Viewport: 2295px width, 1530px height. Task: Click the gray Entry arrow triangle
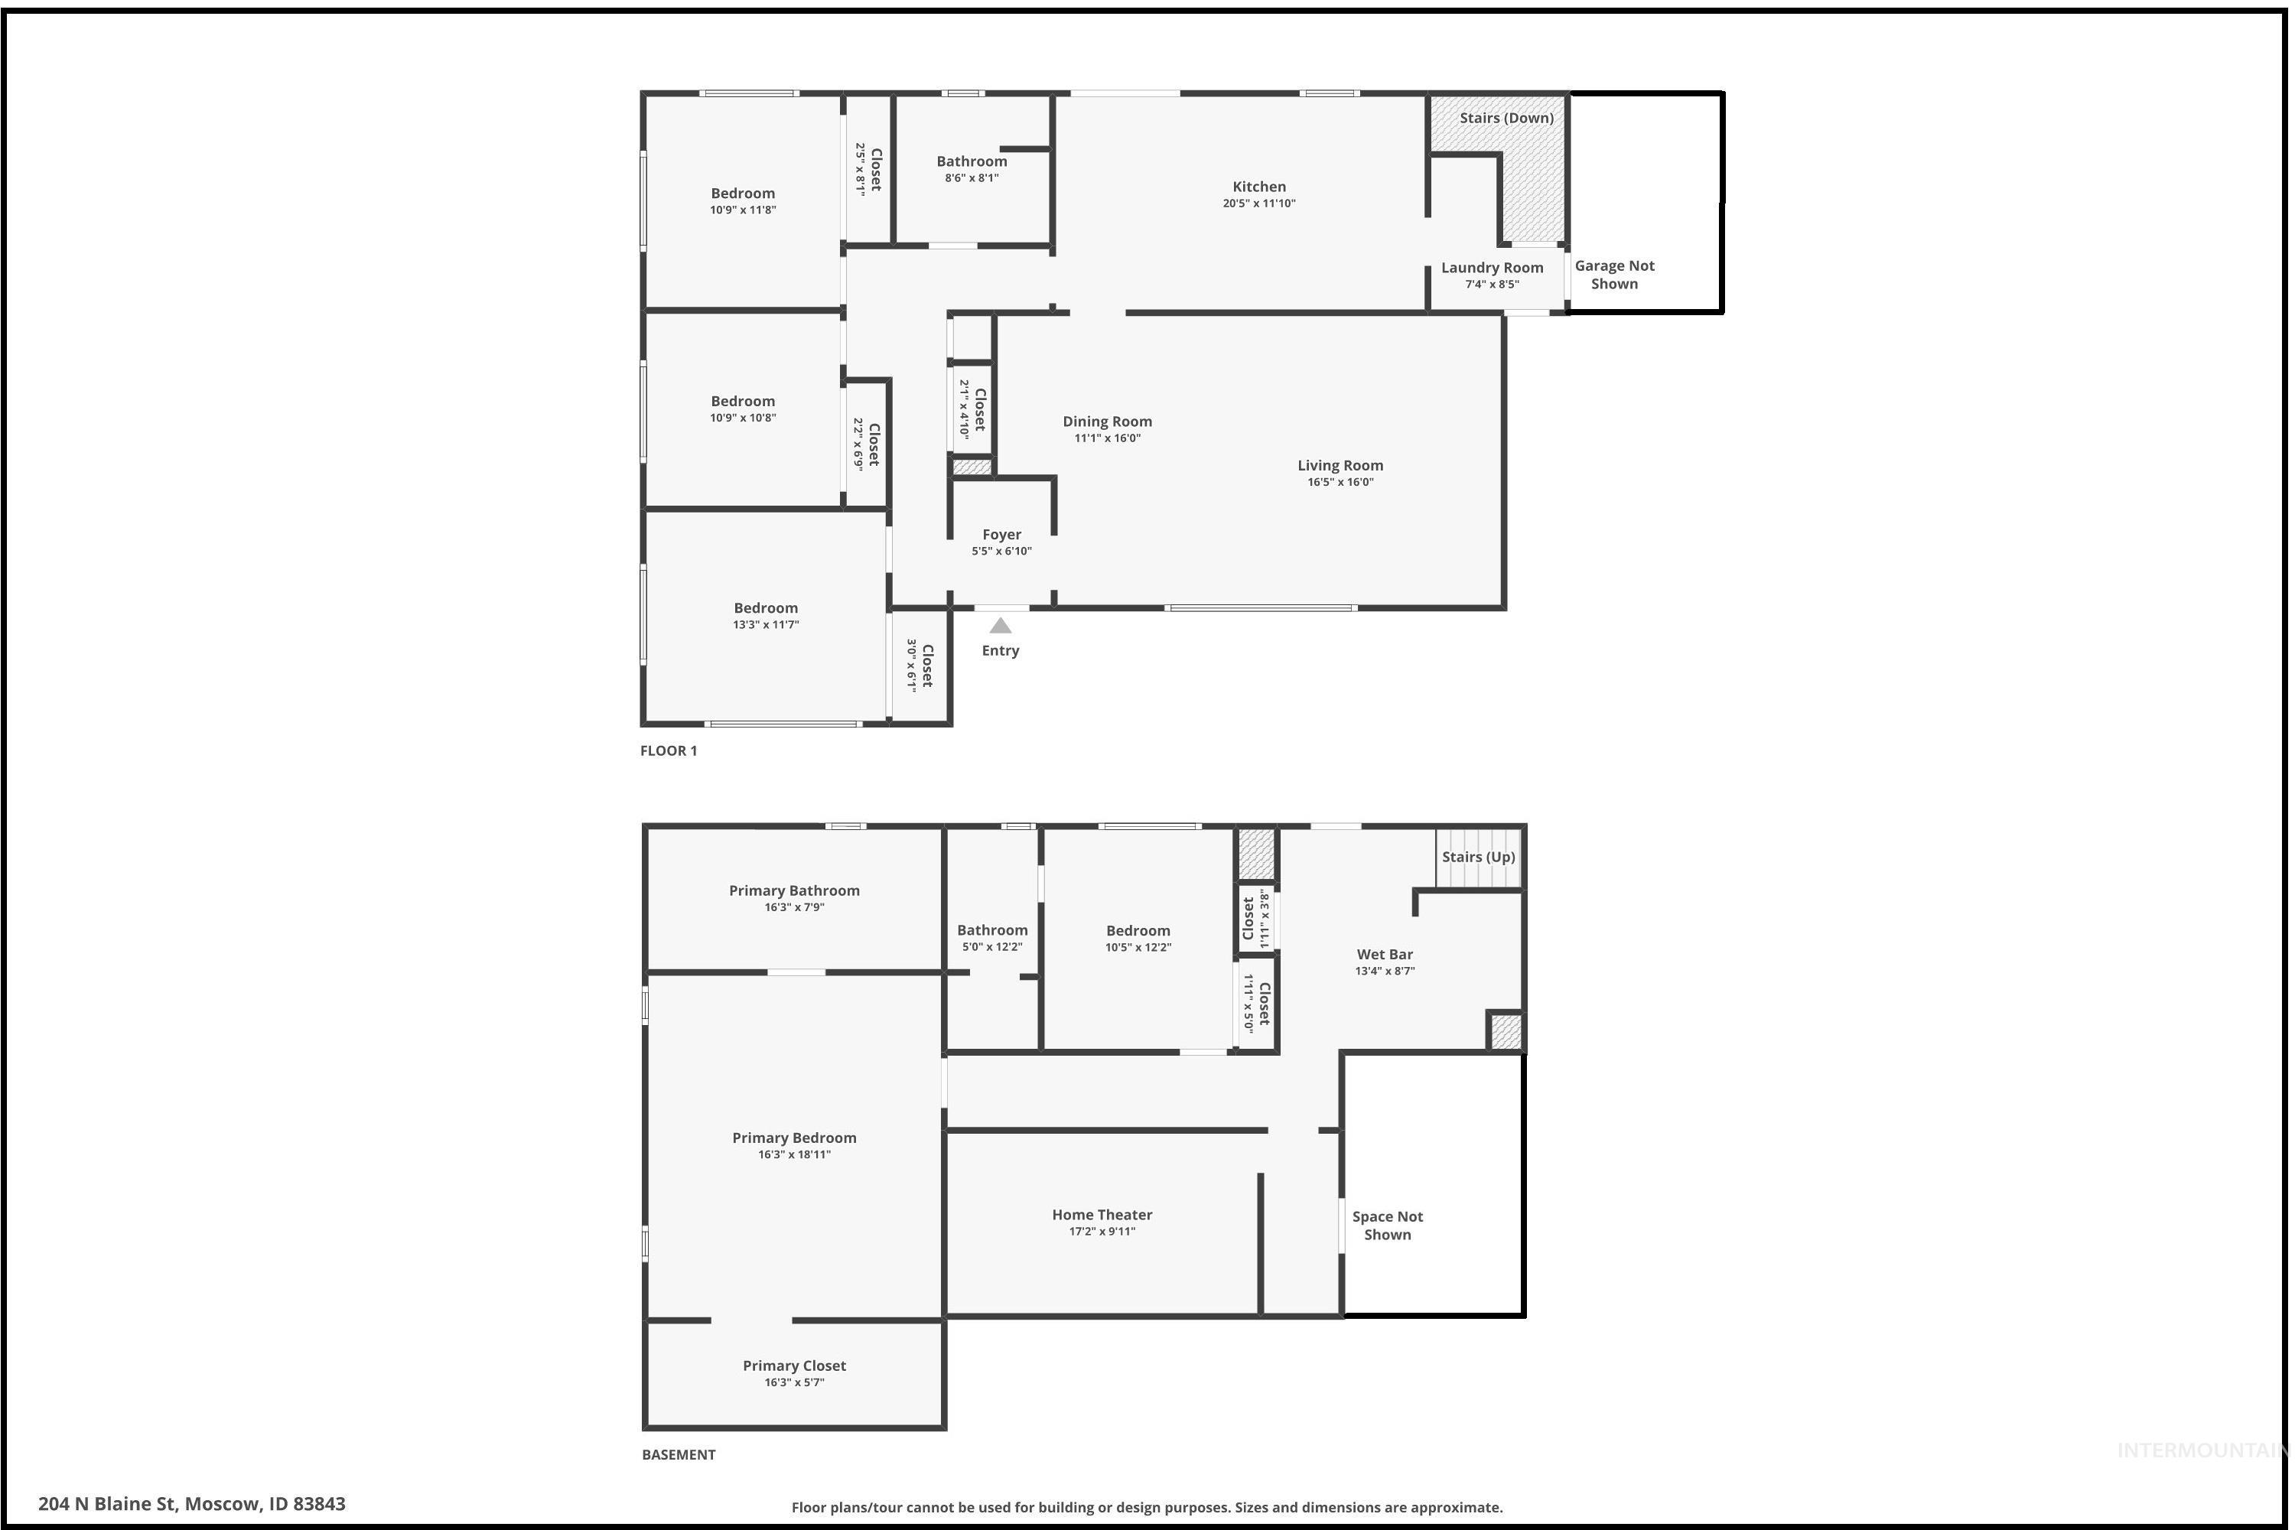tap(1000, 627)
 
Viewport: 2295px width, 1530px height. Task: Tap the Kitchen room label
tap(1258, 187)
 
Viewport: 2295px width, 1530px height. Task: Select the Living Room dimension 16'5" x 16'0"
tap(1340, 482)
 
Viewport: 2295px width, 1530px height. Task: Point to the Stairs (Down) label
tap(1506, 118)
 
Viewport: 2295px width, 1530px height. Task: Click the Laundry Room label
tap(1492, 267)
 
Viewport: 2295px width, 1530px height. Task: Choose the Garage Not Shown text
tap(1614, 274)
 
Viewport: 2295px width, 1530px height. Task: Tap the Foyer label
tap(1001, 535)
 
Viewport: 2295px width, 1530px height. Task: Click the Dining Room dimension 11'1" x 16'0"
tap(1106, 438)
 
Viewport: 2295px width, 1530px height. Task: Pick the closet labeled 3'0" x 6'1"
tap(920, 666)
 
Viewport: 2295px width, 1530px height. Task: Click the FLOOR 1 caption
tap(669, 750)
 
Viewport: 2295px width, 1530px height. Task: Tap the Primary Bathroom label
tap(794, 890)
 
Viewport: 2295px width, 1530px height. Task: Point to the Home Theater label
tap(1102, 1215)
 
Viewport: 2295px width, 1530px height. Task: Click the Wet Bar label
tap(1385, 954)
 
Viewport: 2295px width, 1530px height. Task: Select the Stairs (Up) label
tap(1478, 857)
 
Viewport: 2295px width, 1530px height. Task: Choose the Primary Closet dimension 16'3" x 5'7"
tap(794, 1382)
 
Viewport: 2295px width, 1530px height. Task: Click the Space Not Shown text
tap(1386, 1226)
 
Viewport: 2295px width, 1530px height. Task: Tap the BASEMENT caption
tap(678, 1454)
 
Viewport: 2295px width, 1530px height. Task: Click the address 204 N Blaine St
tap(191, 1504)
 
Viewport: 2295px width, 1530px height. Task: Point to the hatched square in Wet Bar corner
tap(1505, 1032)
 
